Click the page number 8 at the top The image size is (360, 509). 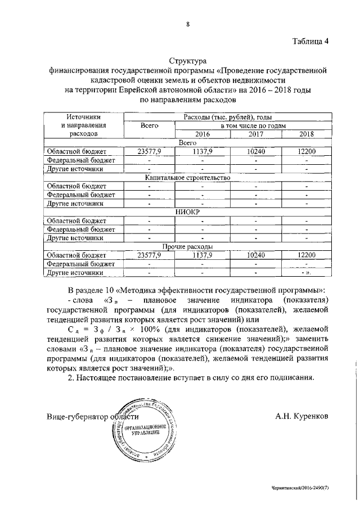[x=187, y=24]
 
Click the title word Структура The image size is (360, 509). [x=188, y=60]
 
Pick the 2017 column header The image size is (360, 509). [x=255, y=134]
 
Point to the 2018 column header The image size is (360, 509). [x=307, y=134]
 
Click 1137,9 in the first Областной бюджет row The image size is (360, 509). [x=201, y=151]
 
